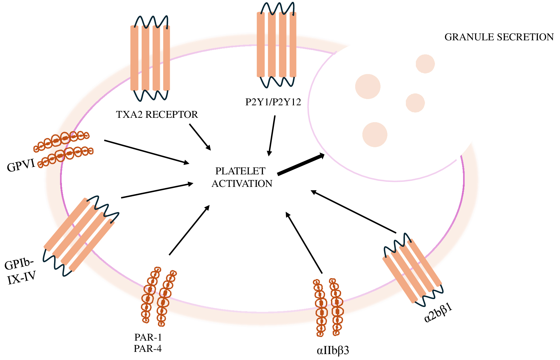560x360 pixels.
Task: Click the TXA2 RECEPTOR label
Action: click(x=157, y=115)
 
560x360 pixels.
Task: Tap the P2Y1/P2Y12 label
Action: click(x=273, y=102)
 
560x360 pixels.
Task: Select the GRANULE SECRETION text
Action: click(x=499, y=37)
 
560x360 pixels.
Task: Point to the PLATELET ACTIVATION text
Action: click(x=242, y=177)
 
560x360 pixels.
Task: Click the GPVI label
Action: click(x=21, y=166)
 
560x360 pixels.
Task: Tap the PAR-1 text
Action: click(x=148, y=337)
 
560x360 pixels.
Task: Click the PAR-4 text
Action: click(x=148, y=348)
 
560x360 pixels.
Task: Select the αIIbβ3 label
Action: click(x=333, y=351)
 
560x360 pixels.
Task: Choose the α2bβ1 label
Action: click(x=438, y=312)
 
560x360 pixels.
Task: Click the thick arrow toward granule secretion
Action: click(x=300, y=164)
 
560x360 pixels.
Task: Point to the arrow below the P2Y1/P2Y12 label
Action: click(x=271, y=136)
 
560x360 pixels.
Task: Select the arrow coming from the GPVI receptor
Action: click(x=147, y=152)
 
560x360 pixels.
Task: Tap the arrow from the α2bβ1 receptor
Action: click(x=354, y=212)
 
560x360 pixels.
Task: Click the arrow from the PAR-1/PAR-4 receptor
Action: click(x=189, y=230)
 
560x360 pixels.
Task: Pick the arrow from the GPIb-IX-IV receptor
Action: click(x=157, y=191)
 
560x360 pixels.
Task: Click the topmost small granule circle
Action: click(x=425, y=64)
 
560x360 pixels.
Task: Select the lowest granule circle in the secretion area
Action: click(x=375, y=134)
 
